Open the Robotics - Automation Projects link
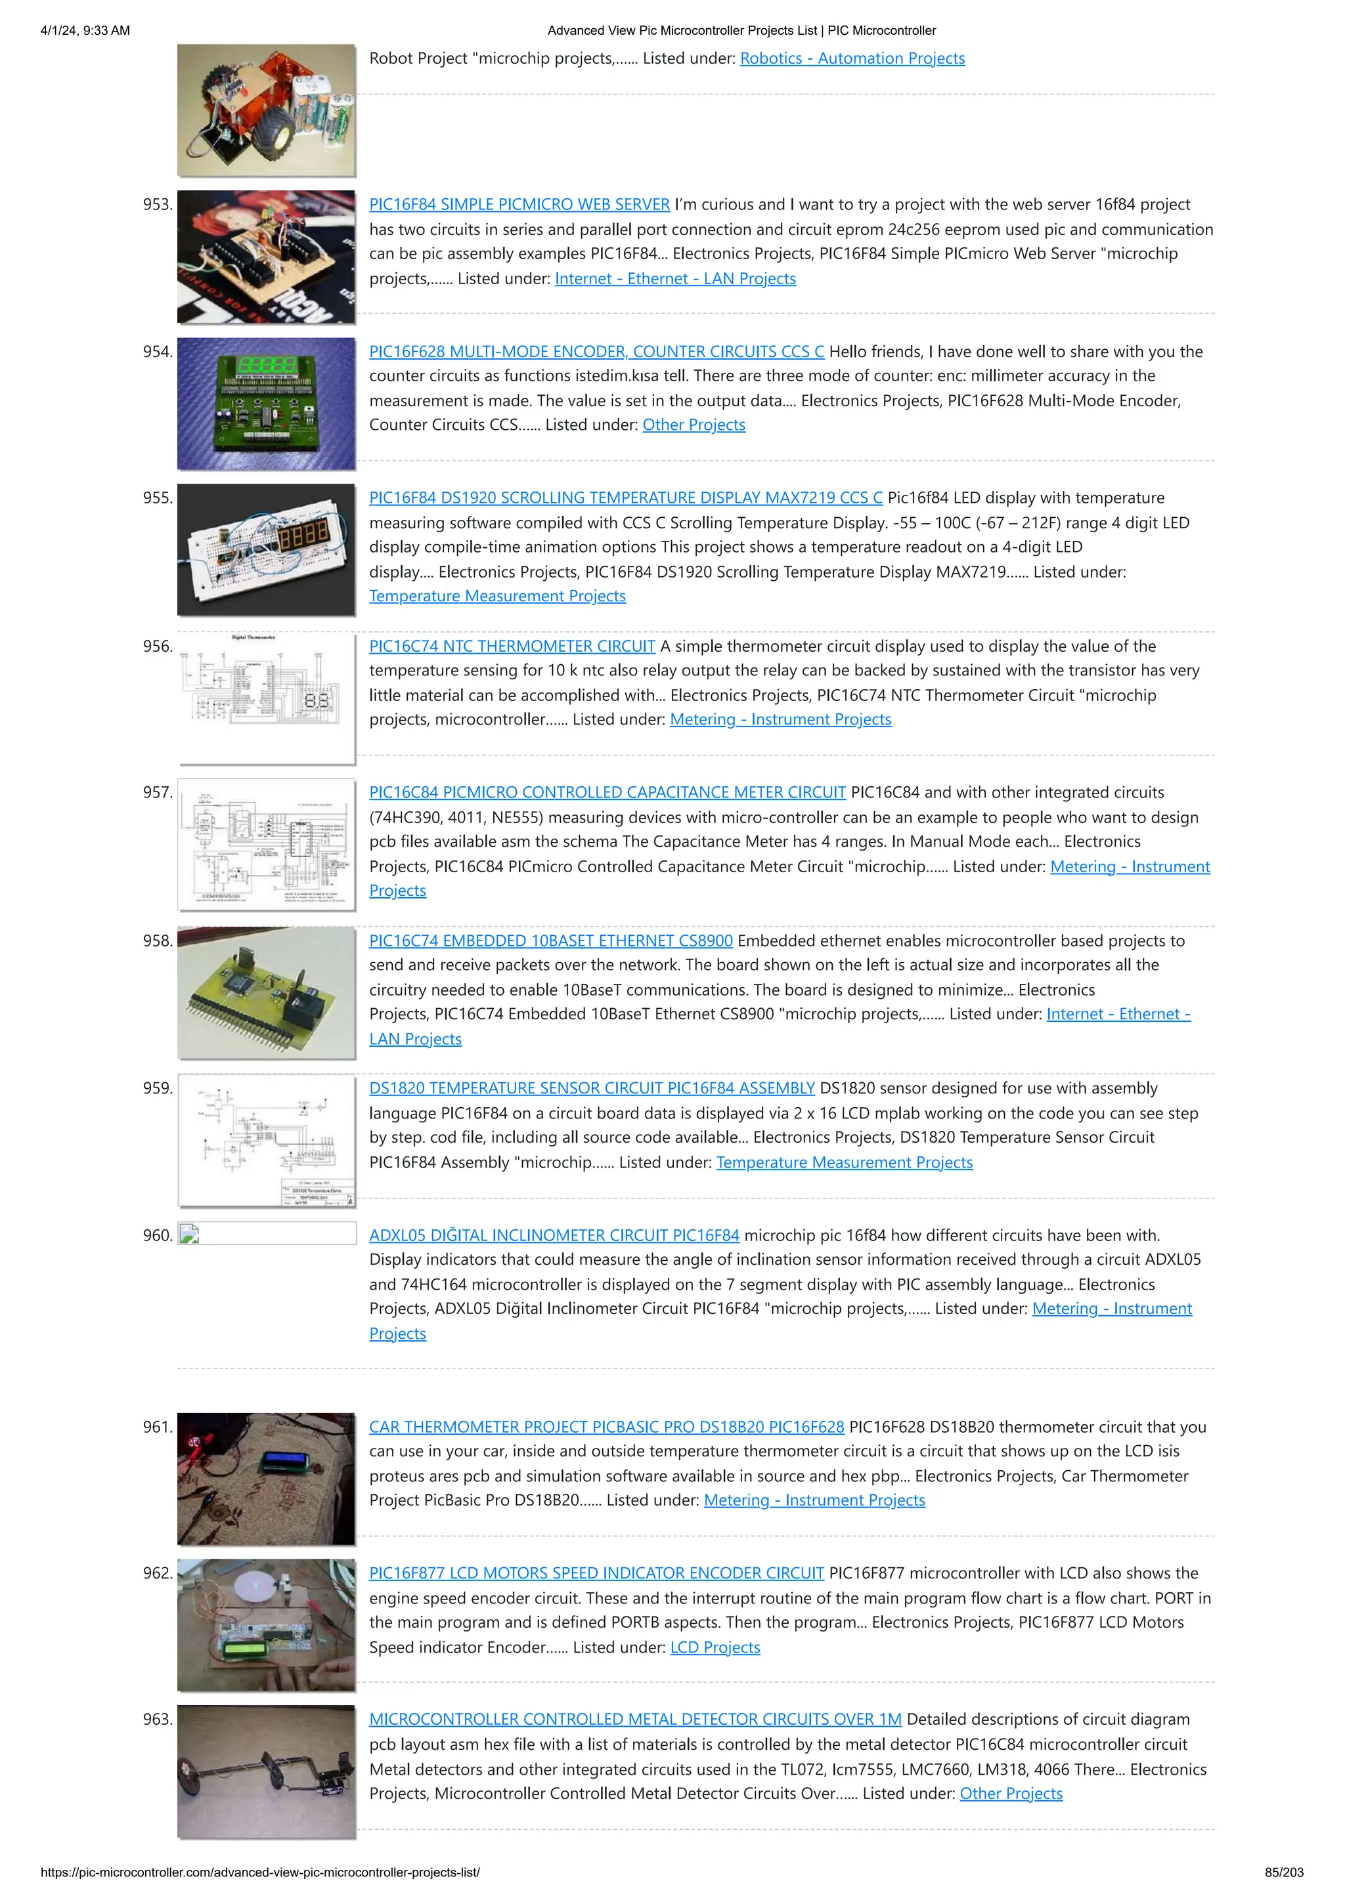click(852, 58)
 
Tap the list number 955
click(158, 498)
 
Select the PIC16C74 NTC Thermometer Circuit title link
click(512, 646)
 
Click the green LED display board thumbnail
click(266, 404)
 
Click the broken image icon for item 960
click(190, 1235)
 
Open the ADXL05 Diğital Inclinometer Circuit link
click(554, 1235)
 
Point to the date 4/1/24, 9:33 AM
click(85, 31)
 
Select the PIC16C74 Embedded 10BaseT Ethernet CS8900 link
click(550, 940)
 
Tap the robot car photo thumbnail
click(266, 110)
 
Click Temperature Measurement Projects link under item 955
click(497, 596)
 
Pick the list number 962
click(158, 1573)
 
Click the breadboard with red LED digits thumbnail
click(266, 549)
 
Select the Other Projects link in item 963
click(1010, 1794)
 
